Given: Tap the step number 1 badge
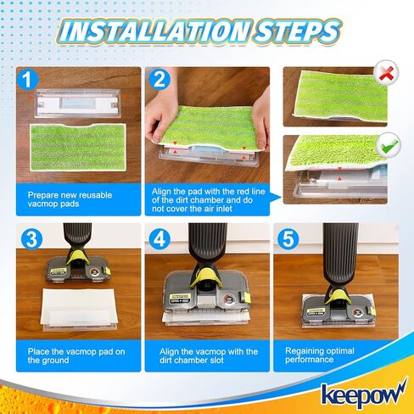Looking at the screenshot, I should pos(30,81).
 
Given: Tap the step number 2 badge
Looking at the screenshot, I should pos(159,81).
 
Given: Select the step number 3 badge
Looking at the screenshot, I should pos(30,238).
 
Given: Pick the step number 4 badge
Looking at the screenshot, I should pos(159,238).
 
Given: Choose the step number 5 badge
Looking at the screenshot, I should pos(288,238).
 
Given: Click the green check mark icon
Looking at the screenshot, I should pos(389,146).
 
